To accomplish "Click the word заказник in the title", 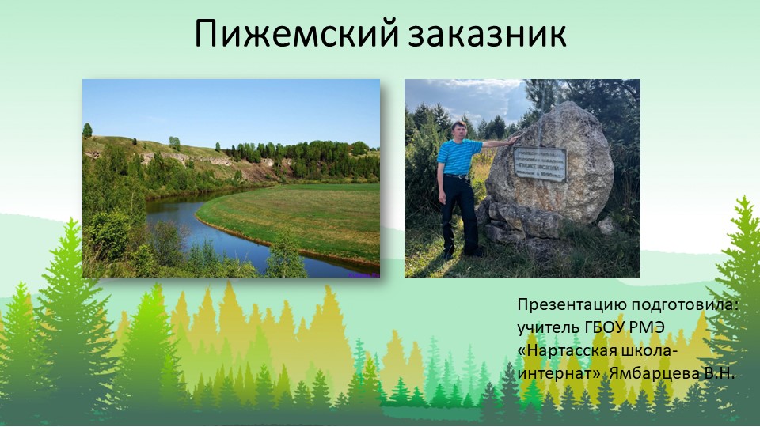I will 488,34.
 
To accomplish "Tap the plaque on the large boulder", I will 539,164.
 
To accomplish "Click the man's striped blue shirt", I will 458,157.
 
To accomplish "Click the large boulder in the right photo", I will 554,182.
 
